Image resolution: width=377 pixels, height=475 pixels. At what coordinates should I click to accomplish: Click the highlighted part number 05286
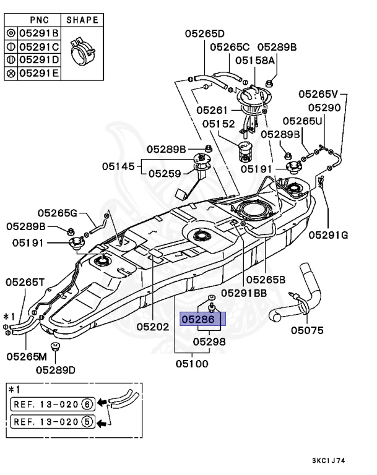[x=198, y=319]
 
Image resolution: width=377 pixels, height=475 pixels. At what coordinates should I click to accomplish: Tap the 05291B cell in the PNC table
[x=39, y=33]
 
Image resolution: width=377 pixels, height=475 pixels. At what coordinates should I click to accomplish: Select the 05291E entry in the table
[x=39, y=74]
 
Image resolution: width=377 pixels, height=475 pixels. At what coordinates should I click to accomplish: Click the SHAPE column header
[x=82, y=20]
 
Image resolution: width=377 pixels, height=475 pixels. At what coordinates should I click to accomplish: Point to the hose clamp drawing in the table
[x=82, y=51]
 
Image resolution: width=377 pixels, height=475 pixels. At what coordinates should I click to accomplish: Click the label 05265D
[x=205, y=33]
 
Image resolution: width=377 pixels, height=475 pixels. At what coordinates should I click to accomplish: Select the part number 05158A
[x=255, y=60]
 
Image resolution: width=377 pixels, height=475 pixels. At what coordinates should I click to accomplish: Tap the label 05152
[x=219, y=124]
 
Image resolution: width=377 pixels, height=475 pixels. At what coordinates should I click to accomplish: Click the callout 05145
[x=118, y=166]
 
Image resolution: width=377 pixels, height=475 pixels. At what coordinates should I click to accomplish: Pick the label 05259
[x=165, y=174]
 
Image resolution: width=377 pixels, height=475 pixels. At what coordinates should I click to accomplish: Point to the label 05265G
[x=58, y=213]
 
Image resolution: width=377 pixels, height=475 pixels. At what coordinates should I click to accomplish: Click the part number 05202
[x=152, y=327]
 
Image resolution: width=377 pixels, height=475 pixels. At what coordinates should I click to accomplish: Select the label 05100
[x=192, y=364]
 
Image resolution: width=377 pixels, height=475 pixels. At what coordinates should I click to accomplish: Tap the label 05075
[x=307, y=330]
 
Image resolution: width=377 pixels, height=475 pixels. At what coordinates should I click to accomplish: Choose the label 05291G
[x=328, y=235]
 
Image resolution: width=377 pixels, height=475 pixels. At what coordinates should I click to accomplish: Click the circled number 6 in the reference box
[x=87, y=404]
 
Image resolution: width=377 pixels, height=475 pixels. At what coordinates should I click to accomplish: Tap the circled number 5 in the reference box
[x=87, y=422]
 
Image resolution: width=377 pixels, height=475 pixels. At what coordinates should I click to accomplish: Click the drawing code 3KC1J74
[x=329, y=461]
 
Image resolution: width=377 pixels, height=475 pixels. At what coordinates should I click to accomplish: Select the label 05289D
[x=56, y=370]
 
